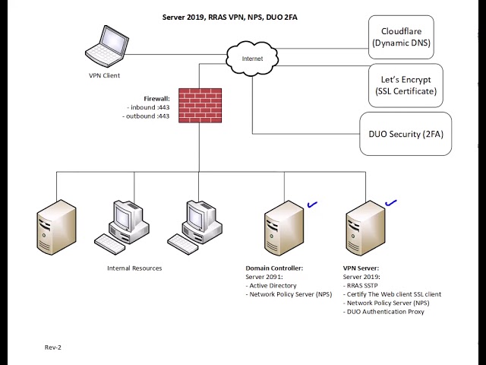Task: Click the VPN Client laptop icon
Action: click(106, 47)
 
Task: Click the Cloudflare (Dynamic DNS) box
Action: click(401, 37)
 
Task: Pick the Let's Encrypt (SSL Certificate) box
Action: click(406, 85)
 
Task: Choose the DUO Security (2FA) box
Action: click(405, 134)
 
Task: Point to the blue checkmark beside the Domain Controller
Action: click(311, 204)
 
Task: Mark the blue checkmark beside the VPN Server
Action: click(391, 203)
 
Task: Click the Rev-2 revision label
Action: click(53, 347)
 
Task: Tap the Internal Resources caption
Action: click(134, 268)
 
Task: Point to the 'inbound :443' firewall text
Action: click(149, 107)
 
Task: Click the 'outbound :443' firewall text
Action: click(147, 116)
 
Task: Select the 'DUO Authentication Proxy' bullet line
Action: click(384, 312)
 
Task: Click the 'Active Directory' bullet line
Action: click(273, 285)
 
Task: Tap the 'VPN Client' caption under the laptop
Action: click(105, 75)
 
